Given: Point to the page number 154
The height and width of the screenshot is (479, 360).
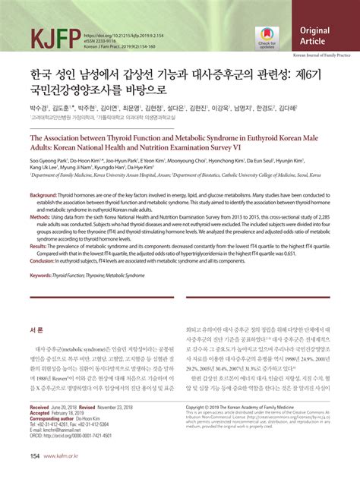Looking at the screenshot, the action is (x=33, y=456).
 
